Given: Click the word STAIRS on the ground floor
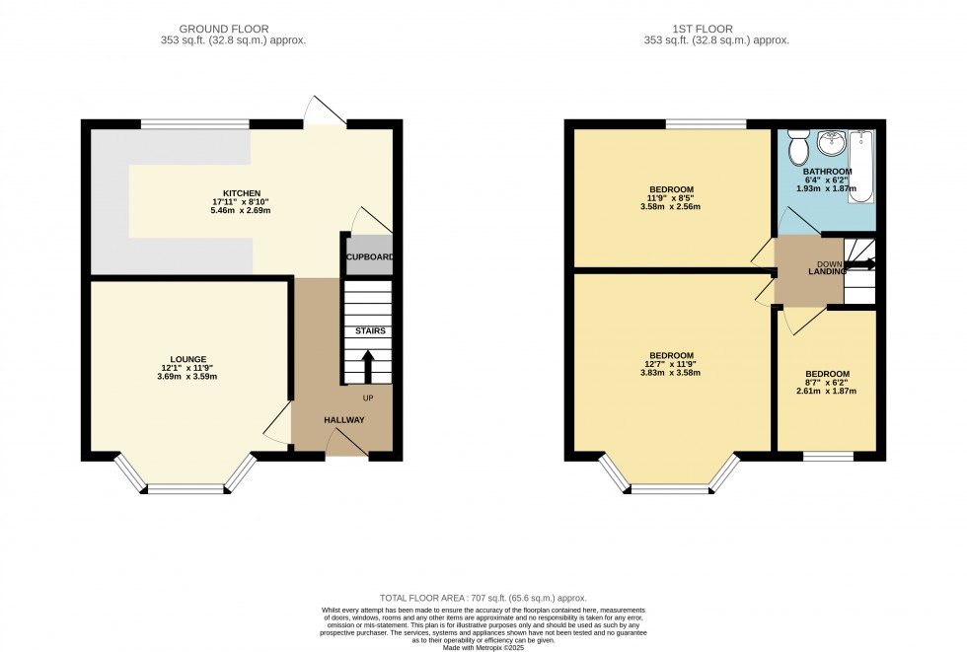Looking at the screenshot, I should (x=370, y=331).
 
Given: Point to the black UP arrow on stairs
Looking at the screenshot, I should (x=369, y=366).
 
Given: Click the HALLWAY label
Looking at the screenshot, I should (x=344, y=420).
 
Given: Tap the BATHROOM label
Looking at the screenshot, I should (x=827, y=171).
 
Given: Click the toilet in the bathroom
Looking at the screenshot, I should (x=798, y=150).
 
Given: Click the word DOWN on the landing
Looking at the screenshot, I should (x=827, y=263).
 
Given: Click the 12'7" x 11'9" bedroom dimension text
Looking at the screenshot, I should (x=671, y=365).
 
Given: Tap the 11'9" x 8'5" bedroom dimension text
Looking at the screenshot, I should (x=671, y=198).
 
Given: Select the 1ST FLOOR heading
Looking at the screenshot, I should (x=716, y=30).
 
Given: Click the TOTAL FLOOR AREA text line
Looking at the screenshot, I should (x=483, y=598).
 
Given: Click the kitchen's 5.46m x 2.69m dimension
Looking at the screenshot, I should (x=242, y=211).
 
